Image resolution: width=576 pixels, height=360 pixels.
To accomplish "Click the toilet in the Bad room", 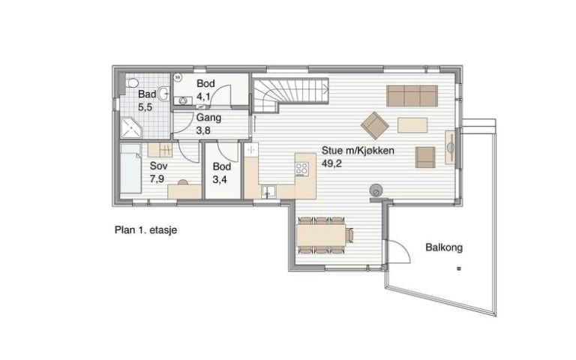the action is [x=131, y=82].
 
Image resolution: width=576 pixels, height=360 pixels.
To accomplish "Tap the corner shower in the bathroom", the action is [x=131, y=127].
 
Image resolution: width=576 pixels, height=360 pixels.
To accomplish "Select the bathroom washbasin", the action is [x=165, y=94].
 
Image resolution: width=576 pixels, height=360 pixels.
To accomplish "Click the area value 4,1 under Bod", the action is [x=203, y=97].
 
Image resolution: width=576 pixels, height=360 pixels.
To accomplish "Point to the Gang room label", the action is [x=208, y=118].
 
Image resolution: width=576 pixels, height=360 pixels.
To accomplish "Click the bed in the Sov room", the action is [x=130, y=168].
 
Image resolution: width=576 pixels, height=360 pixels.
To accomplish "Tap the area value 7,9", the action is [x=157, y=179].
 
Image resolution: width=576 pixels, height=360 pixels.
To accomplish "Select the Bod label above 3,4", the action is [x=221, y=166].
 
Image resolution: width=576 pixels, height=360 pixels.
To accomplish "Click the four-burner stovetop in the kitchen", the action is [x=302, y=169].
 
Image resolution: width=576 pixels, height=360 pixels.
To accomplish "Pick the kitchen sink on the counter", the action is [x=269, y=192].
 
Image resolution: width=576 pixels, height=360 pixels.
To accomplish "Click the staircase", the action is [x=290, y=93].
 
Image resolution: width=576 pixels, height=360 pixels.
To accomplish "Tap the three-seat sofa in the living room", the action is [x=412, y=96].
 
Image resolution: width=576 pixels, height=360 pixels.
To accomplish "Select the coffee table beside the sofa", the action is [x=412, y=125].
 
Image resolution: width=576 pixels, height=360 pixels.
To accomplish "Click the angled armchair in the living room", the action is [x=375, y=126].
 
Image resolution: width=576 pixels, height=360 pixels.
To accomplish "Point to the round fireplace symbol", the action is [x=376, y=191].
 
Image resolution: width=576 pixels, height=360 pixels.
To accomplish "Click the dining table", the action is [x=321, y=235].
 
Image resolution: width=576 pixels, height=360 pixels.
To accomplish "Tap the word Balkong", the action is [x=444, y=247].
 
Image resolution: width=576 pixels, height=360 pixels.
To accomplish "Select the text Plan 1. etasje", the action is [x=145, y=230].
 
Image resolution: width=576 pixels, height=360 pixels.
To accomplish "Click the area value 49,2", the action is [x=331, y=163].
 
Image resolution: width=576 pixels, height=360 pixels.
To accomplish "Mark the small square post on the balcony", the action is [x=458, y=269].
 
